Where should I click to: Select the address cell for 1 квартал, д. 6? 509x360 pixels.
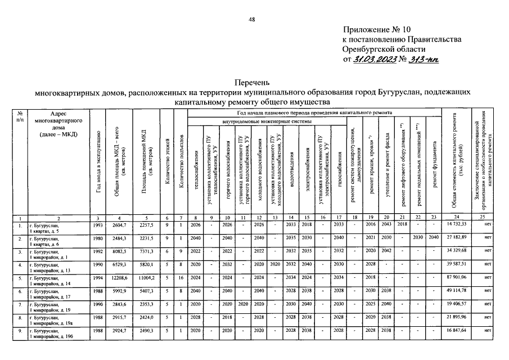coord(51,240)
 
